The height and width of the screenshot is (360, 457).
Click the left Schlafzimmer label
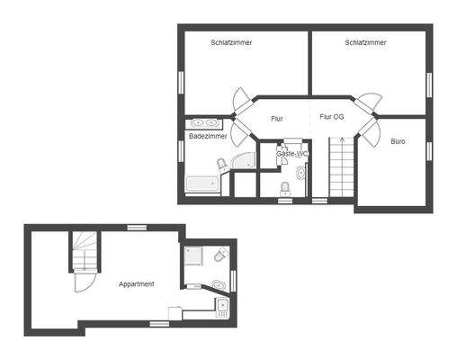pos(231,42)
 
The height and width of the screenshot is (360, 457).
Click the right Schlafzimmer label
pos(365,42)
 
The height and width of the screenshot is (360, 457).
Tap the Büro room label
pos(399,141)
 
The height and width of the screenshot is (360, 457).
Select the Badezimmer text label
pos(207,136)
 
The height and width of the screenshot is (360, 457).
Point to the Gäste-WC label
pos(292,154)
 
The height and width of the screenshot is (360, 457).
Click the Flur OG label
pos(332,117)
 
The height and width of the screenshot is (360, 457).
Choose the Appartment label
pos(137,283)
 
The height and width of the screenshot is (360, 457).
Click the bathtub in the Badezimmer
pos(202,184)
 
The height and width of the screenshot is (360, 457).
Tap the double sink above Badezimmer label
pos(206,121)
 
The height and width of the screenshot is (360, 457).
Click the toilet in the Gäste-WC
pos(285,187)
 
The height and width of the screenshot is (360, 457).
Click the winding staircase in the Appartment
pos(84,251)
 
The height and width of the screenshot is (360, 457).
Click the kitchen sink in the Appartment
pos(221,306)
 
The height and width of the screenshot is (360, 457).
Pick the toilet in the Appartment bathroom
pos(221,257)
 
